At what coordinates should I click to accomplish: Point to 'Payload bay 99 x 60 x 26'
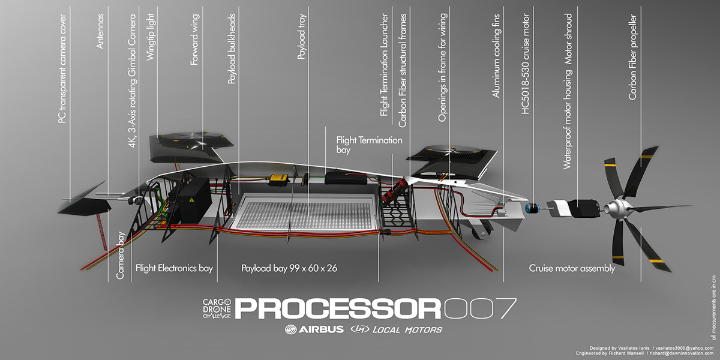point(289,268)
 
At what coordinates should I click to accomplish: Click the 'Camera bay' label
point(121,256)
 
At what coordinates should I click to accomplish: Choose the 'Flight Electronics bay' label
point(174,268)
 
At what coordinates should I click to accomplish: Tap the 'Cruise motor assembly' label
point(572,268)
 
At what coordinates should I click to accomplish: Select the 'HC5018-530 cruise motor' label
point(526,63)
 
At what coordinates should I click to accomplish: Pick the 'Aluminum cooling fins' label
point(496,66)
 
